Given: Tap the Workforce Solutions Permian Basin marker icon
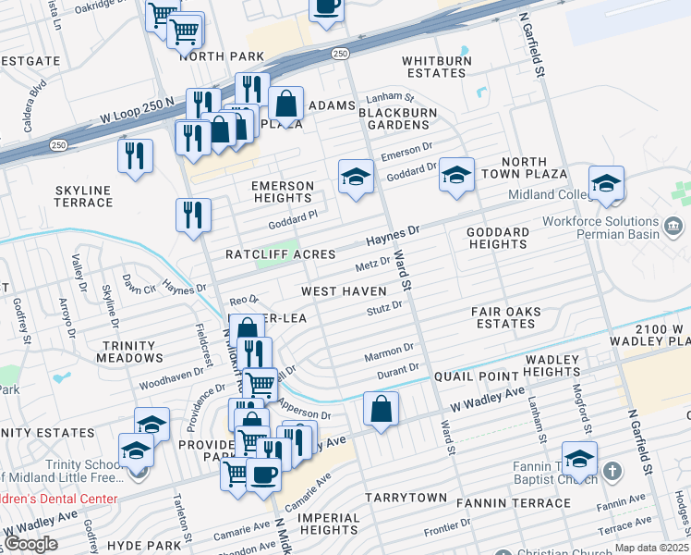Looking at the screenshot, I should tap(673, 226).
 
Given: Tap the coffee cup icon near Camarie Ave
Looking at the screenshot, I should tap(263, 475).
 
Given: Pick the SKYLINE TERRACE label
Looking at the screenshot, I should tap(83, 196).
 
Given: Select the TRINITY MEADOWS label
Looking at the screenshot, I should tap(128, 351).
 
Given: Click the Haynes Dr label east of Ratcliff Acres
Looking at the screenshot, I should tap(393, 235).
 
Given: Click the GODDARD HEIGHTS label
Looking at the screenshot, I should tap(498, 238).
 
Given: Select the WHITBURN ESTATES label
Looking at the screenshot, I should tap(435, 67).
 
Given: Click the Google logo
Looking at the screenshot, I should tap(30, 543).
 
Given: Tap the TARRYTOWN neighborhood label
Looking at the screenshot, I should tap(406, 497).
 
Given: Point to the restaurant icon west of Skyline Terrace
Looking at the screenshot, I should tap(136, 154).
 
